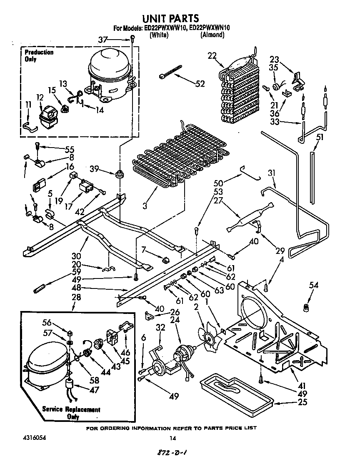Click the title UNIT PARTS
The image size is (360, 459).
click(x=171, y=18)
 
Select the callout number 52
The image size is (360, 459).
click(x=200, y=84)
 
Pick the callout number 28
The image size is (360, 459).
click(x=76, y=297)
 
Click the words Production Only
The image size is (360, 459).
click(x=39, y=55)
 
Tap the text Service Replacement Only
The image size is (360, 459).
click(x=71, y=413)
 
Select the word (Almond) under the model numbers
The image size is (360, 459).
click(x=212, y=35)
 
